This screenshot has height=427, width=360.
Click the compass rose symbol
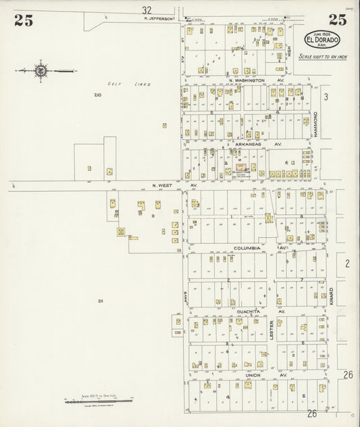click(x=41, y=70)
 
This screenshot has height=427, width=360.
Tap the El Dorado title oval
click(x=322, y=39)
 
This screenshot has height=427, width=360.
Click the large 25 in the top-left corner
click(x=23, y=20)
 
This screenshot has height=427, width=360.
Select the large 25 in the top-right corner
click(x=337, y=20)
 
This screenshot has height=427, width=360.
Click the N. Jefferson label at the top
click(x=160, y=20)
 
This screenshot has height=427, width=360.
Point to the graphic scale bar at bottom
click(x=98, y=401)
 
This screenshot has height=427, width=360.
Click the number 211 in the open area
click(x=100, y=301)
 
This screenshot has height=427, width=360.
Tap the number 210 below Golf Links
click(x=99, y=95)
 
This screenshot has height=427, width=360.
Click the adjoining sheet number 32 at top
click(x=147, y=10)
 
